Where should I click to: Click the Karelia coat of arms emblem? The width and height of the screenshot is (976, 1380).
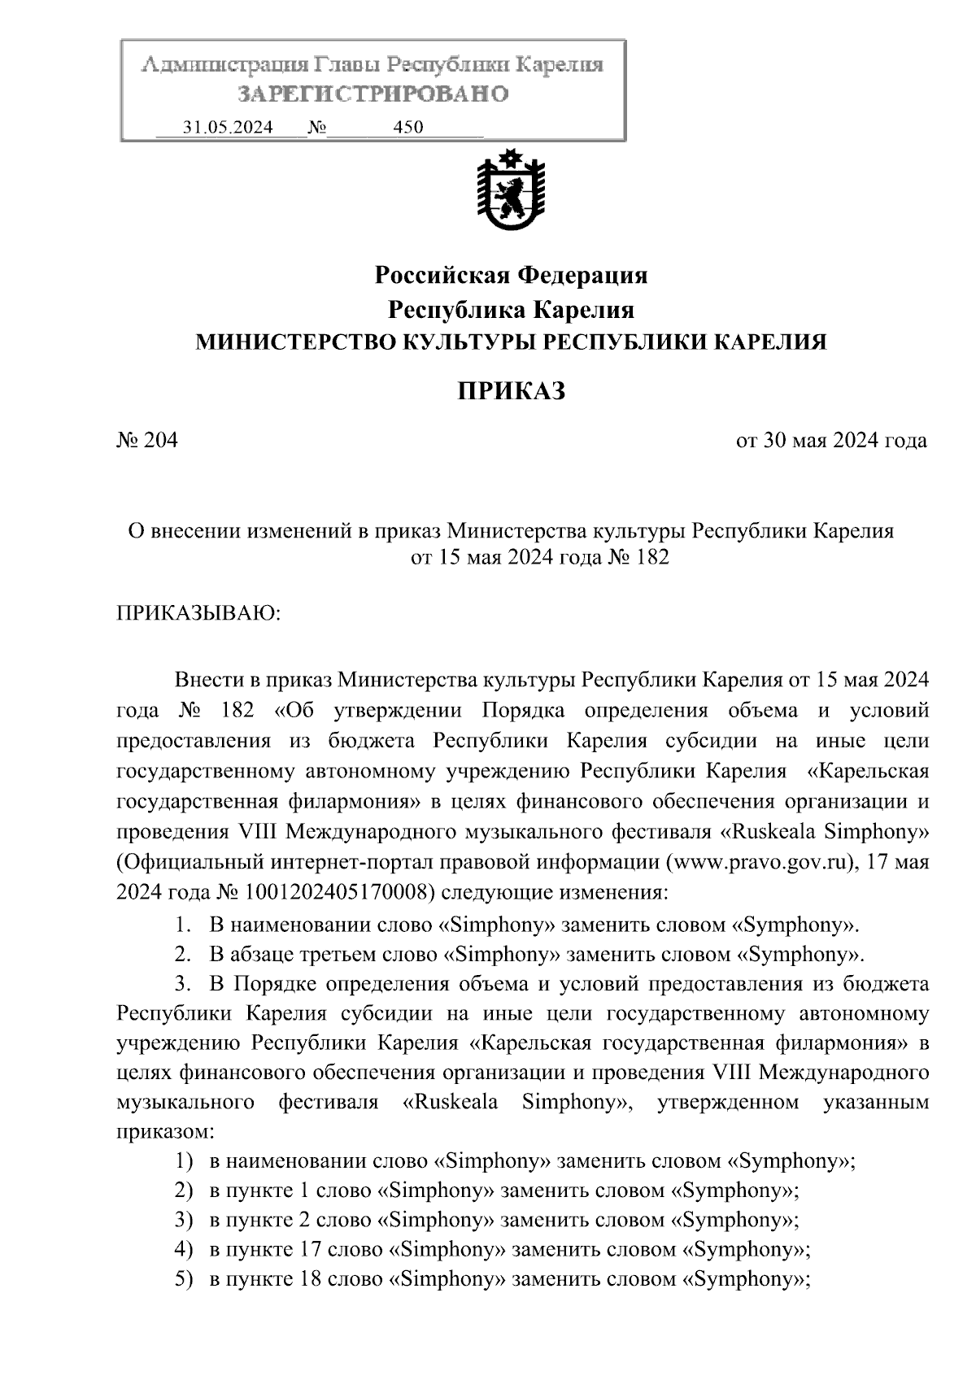(x=510, y=192)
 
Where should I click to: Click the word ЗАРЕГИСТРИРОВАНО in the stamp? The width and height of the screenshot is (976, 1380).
(x=373, y=94)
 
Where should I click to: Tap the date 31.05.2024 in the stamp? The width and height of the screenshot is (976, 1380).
(x=228, y=128)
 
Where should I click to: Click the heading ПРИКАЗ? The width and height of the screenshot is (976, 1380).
(x=510, y=391)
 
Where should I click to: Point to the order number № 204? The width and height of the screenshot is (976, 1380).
(x=147, y=441)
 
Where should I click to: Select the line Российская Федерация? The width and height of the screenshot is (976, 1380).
(x=510, y=276)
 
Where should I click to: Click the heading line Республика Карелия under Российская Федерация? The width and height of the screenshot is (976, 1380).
(x=510, y=310)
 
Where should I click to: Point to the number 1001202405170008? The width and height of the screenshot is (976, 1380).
(x=333, y=892)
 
